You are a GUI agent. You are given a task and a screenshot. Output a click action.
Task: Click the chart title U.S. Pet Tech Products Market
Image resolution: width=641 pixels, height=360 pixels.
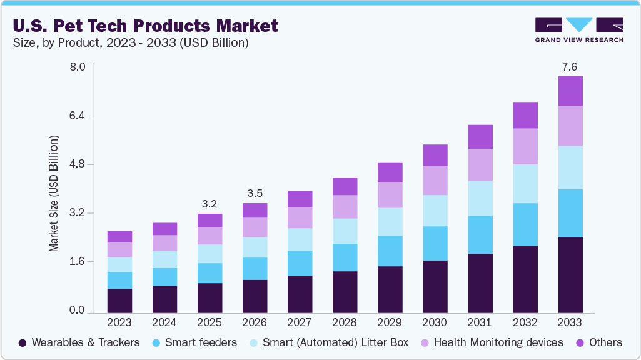click(144, 26)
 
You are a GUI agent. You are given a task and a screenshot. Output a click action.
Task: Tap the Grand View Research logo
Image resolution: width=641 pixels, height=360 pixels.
click(579, 29)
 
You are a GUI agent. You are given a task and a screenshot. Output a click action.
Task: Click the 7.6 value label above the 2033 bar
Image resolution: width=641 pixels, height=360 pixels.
click(570, 67)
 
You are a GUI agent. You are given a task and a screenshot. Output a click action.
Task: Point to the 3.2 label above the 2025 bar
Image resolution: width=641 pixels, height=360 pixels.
click(209, 204)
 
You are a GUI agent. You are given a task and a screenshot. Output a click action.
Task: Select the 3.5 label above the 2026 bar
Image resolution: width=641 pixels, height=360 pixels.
click(255, 193)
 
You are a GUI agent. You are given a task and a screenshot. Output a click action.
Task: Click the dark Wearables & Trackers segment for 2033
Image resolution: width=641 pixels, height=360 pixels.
click(570, 275)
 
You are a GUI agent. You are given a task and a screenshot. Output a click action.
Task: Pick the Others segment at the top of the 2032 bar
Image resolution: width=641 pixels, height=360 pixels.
click(525, 115)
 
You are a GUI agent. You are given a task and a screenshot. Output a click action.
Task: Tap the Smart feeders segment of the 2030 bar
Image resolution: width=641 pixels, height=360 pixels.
click(435, 243)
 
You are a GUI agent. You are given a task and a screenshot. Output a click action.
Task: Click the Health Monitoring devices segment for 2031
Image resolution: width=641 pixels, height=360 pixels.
click(480, 164)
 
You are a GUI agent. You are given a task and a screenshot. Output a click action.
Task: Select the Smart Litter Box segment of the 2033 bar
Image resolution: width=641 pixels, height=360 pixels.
click(570, 167)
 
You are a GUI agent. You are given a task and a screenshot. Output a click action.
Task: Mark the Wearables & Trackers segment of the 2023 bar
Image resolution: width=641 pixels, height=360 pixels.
click(119, 301)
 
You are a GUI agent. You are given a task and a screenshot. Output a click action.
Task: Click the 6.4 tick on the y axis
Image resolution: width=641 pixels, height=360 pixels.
click(76, 116)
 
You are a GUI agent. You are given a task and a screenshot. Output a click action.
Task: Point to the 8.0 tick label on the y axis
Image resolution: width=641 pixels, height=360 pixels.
click(76, 67)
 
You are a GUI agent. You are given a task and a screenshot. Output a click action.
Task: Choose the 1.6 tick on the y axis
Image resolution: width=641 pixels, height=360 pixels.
click(76, 262)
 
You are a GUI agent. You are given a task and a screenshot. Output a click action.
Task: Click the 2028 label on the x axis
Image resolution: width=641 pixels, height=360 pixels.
click(345, 322)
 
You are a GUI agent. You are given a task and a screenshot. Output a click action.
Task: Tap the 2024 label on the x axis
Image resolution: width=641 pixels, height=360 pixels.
click(164, 322)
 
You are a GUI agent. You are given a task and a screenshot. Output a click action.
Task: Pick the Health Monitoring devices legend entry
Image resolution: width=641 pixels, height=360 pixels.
click(492, 342)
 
